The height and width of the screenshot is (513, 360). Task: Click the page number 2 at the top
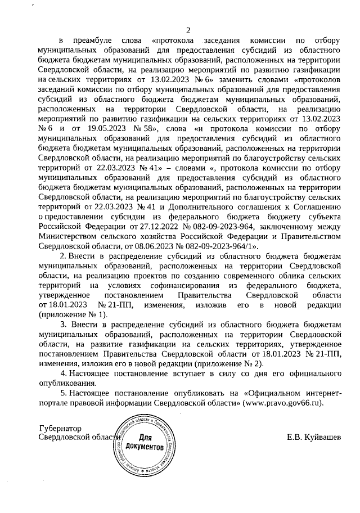tap(188, 30)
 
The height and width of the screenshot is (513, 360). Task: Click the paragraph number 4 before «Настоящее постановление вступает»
tap(63, 373)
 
